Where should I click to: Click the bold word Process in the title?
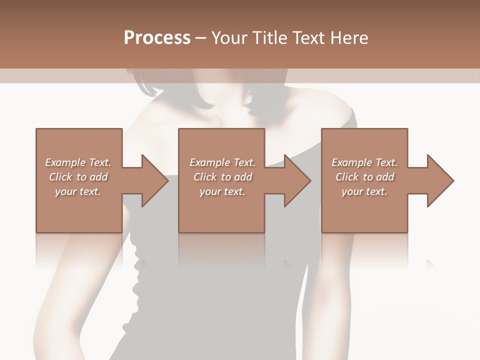click(x=157, y=38)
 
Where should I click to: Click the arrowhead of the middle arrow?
click(x=297, y=180)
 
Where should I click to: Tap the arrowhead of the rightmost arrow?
click(x=440, y=180)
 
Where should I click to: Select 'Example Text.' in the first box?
click(x=78, y=162)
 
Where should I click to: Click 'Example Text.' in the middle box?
click(x=222, y=162)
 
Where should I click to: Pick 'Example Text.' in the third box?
click(x=364, y=162)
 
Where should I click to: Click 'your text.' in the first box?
click(x=78, y=191)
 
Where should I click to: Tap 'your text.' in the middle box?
click(x=222, y=191)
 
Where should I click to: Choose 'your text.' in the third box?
click(x=364, y=191)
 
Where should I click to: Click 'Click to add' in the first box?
click(x=78, y=177)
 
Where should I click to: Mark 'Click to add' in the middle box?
click(x=222, y=177)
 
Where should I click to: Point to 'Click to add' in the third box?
click(x=364, y=177)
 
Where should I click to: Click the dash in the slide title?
click(x=201, y=38)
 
